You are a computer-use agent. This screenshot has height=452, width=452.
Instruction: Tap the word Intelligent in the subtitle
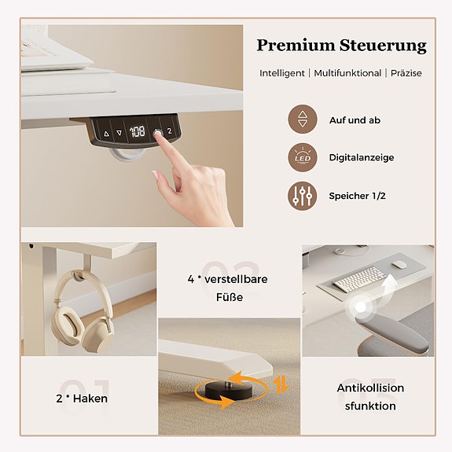click(282, 73)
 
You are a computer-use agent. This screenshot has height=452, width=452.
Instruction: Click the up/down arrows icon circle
click(303, 120)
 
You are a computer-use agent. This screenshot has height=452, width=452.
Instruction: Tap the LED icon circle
click(303, 157)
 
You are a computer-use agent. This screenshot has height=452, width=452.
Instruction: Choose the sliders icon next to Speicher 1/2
click(303, 196)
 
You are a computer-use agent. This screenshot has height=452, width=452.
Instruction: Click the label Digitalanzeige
click(362, 157)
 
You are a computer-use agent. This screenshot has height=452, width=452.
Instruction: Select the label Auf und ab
click(355, 120)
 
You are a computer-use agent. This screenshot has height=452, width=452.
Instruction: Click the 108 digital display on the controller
click(137, 132)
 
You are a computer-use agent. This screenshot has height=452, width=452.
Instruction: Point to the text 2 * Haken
click(82, 399)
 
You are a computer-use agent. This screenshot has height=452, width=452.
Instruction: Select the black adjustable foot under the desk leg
click(228, 391)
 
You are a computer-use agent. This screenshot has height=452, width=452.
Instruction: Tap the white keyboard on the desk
click(360, 279)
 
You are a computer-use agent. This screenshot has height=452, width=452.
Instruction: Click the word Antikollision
click(370, 388)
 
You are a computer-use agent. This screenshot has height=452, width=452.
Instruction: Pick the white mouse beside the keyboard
click(399, 264)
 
